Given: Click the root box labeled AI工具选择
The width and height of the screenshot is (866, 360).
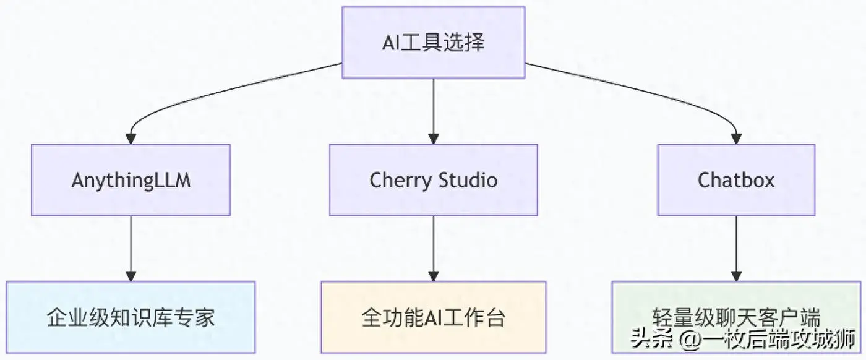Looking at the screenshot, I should (x=433, y=43).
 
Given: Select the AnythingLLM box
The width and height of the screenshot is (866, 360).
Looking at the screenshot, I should (x=131, y=180).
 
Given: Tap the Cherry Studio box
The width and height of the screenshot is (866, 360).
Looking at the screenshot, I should (x=433, y=180).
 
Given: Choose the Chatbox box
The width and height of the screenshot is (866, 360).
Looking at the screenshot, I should (x=736, y=180).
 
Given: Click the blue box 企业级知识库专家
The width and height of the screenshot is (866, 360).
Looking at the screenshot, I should (x=131, y=317).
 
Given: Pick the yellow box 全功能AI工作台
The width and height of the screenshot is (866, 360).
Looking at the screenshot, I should (x=433, y=317).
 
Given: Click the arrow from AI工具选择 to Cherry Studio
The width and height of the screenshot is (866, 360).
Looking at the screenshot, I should (x=433, y=111).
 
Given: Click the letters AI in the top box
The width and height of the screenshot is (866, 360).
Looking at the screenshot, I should (x=392, y=43).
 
